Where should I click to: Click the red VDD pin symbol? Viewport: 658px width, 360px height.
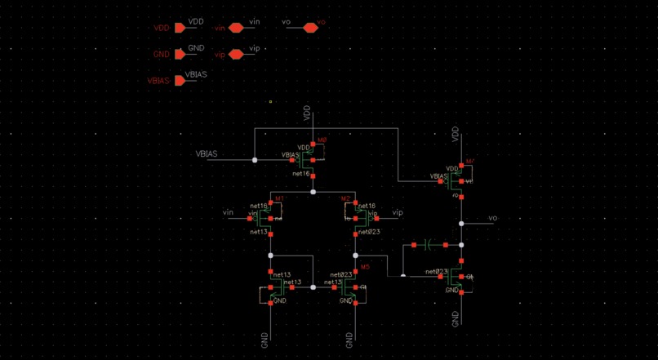pyautogui.click(x=180, y=28)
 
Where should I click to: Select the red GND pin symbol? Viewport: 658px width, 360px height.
pyautogui.click(x=180, y=55)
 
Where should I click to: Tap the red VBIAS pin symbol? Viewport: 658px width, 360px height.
pyautogui.click(x=180, y=81)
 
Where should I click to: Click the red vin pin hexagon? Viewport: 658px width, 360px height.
pyautogui.click(x=236, y=28)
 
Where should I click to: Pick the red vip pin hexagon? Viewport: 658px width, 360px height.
pyautogui.click(x=236, y=55)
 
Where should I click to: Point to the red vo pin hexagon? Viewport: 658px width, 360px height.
pyautogui.click(x=310, y=28)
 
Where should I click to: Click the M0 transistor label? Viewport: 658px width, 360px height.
pyautogui.click(x=322, y=140)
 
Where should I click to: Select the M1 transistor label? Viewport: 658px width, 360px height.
pyautogui.click(x=279, y=198)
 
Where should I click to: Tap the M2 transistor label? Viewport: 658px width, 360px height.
pyautogui.click(x=346, y=198)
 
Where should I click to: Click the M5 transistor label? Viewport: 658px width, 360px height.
pyautogui.click(x=364, y=267)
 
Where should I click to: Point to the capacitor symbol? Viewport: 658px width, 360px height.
pyautogui.click(x=432, y=244)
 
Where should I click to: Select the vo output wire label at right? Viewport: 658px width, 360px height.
pyautogui.click(x=492, y=218)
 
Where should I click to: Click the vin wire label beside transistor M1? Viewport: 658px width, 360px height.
pyautogui.click(x=229, y=212)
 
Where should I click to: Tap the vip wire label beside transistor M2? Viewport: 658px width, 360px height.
pyautogui.click(x=398, y=212)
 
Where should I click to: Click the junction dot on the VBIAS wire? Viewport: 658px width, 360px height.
pyautogui.click(x=255, y=160)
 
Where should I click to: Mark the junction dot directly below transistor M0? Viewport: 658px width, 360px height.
pyautogui.click(x=313, y=192)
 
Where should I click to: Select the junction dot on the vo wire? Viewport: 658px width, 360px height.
pyautogui.click(x=461, y=223)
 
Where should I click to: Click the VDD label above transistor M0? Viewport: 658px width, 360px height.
pyautogui.click(x=307, y=113)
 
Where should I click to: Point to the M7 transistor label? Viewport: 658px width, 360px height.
pyautogui.click(x=469, y=161)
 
